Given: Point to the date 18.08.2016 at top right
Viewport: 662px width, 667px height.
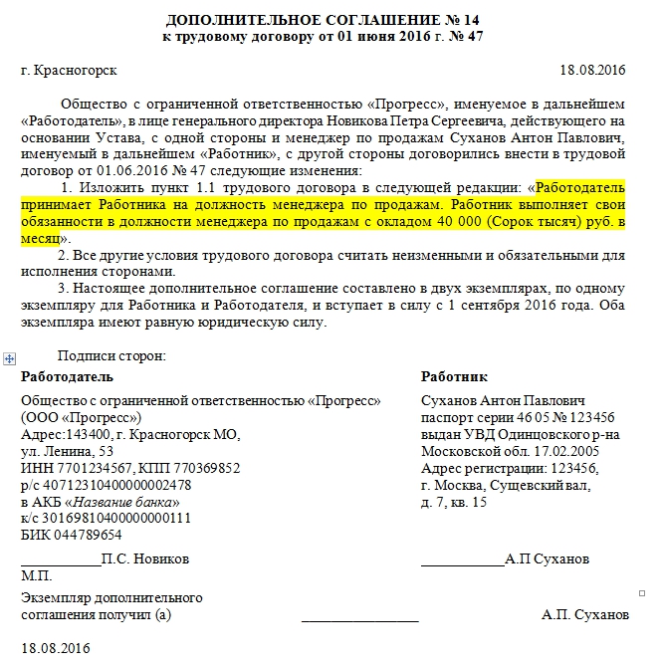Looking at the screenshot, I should click(592, 71).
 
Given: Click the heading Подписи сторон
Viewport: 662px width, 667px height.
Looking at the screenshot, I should click(112, 355).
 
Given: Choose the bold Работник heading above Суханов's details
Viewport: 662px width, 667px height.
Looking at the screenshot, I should click(454, 377).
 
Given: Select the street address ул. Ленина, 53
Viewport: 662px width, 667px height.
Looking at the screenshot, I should click(67, 451).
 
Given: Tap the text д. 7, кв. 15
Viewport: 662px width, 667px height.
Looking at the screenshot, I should click(454, 502).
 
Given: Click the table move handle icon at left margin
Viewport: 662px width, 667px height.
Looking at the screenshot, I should click(10, 356).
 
